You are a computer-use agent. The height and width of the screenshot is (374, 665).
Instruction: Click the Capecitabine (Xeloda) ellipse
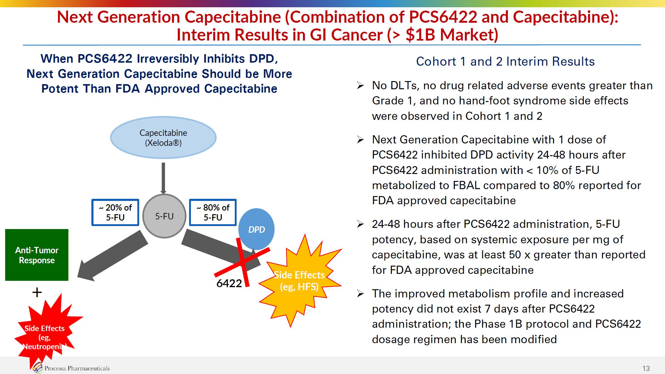[163, 138]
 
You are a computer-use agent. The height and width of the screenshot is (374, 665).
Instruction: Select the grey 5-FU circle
[164, 216]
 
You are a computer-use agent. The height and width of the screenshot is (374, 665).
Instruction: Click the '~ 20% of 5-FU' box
[115, 212]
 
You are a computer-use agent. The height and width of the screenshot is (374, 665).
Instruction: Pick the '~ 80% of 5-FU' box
[213, 212]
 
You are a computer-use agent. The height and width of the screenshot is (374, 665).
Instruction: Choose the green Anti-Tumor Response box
[37, 255]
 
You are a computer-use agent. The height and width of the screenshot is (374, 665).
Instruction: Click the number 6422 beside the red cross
[229, 284]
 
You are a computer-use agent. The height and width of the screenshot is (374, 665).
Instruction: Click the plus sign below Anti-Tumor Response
[37, 292]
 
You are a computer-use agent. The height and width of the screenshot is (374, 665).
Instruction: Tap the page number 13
[646, 369]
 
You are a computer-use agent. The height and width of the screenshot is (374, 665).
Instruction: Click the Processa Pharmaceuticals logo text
[77, 368]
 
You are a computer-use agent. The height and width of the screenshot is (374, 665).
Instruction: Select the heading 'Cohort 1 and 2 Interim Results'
[505, 61]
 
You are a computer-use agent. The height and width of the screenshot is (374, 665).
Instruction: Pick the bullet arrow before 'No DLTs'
[360, 86]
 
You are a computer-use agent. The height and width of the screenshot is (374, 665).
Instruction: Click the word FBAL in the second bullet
[466, 185]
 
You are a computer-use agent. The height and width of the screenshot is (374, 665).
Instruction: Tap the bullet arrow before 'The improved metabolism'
[360, 294]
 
